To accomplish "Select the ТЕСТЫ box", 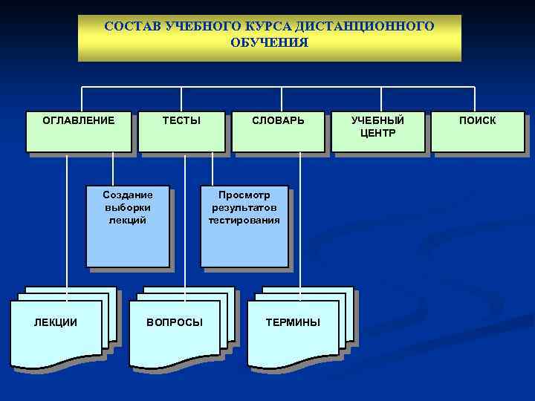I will click(181, 131).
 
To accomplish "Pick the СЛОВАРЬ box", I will click(278, 131).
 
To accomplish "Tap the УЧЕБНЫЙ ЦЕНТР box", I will click(378, 131).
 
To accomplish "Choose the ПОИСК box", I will click(478, 131).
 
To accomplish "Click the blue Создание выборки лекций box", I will click(128, 226).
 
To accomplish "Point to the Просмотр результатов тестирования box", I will click(244, 226).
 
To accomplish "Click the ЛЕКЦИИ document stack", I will click(56, 331).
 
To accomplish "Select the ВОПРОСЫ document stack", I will click(175, 331).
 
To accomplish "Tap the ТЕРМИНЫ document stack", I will click(294, 331).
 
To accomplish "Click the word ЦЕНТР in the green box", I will click(378, 133).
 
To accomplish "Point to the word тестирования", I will click(244, 220).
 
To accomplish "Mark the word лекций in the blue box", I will click(128, 220).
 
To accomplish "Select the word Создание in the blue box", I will click(128, 195).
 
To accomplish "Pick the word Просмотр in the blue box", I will click(244, 195).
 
